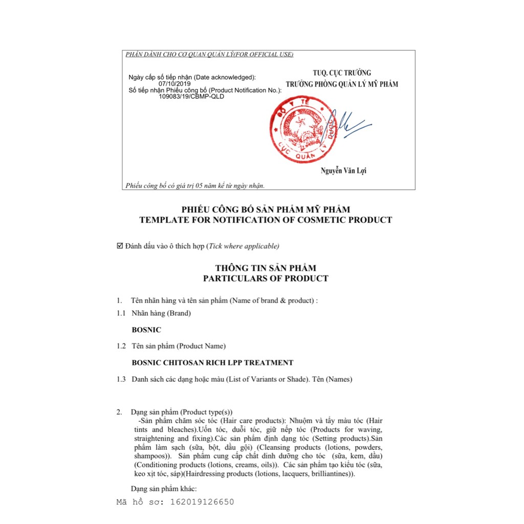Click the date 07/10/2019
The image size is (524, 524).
click(x=174, y=83)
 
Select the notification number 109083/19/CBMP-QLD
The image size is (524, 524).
click(x=191, y=96)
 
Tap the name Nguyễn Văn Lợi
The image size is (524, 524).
click(x=343, y=171)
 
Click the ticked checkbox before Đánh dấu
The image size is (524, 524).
click(x=120, y=246)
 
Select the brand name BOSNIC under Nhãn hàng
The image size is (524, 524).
click(x=146, y=330)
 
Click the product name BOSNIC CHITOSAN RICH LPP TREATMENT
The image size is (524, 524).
click(x=212, y=363)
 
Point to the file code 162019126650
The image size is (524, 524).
click(x=202, y=502)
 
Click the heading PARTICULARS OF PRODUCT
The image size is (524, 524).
click(x=266, y=279)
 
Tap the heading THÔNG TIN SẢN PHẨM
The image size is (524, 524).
click(x=266, y=268)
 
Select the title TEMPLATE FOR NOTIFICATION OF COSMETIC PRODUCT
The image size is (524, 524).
click(x=266, y=220)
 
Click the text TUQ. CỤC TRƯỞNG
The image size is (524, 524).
click(x=342, y=73)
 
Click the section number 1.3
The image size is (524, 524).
click(x=121, y=379)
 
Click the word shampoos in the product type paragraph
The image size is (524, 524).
click(x=150, y=455)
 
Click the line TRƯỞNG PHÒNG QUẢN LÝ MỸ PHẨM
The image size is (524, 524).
click(x=342, y=84)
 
